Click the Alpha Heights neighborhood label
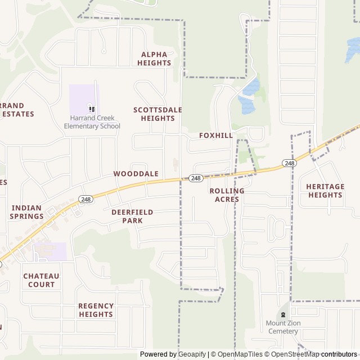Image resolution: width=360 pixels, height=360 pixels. [154, 58]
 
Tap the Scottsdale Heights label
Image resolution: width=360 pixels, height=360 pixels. [157, 114]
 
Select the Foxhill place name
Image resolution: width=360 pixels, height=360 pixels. [215, 136]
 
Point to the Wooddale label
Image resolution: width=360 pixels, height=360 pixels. [136, 174]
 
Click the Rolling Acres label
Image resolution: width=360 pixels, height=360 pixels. [227, 195]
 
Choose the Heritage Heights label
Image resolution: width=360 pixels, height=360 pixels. [325, 191]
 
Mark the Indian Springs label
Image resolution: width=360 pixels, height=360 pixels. [27, 211]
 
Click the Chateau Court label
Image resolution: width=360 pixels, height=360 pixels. [41, 280]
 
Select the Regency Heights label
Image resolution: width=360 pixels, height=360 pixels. [96, 310]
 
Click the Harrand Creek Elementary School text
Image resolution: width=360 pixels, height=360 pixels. [92, 122]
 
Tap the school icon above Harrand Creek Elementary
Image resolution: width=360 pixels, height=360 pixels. [92, 109]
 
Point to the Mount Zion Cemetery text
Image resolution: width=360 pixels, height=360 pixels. [283, 327]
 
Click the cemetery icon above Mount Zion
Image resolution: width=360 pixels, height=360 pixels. [283, 314]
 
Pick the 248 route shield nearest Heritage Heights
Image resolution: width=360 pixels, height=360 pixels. [289, 163]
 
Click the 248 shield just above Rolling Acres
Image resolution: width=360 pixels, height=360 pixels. [196, 178]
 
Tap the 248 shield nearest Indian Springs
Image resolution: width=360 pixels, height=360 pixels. [85, 199]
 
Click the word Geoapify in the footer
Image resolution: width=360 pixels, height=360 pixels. [191, 354]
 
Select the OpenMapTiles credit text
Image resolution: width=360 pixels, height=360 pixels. [237, 354]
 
